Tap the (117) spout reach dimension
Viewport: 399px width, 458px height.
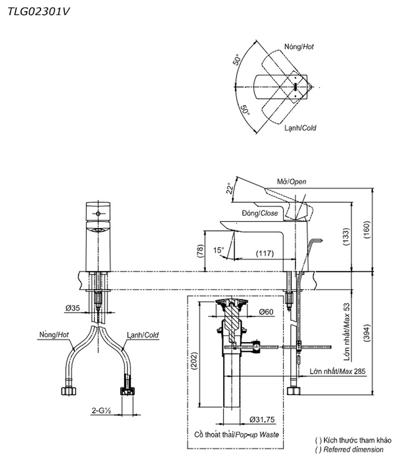click(265, 253)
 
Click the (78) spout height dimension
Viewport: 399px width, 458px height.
click(199, 251)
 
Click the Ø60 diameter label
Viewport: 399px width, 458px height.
click(266, 312)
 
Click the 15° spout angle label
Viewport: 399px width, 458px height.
click(219, 250)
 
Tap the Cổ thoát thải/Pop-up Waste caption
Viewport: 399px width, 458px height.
click(237, 435)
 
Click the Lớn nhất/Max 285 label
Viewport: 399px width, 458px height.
click(338, 371)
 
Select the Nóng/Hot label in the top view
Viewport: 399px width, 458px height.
click(299, 46)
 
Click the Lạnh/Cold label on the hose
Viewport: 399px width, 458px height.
click(143, 335)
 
